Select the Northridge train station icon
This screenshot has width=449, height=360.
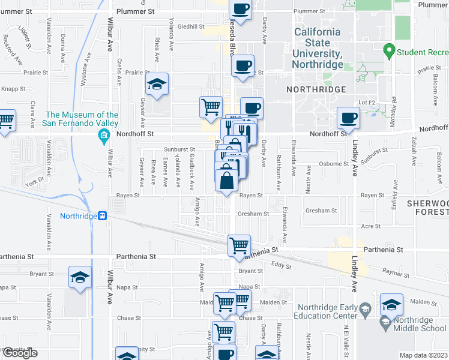tap(103, 216)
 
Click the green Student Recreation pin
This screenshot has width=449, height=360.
tap(389, 50)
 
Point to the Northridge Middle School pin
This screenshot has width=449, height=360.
tap(385, 324)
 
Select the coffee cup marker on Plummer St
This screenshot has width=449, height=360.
tap(240, 10)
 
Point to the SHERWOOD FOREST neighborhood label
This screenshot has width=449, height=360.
tap(427, 208)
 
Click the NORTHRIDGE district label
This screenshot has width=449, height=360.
tap(316, 89)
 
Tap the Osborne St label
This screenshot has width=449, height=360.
tap(334, 163)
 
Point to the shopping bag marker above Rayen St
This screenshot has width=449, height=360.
tap(226, 180)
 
